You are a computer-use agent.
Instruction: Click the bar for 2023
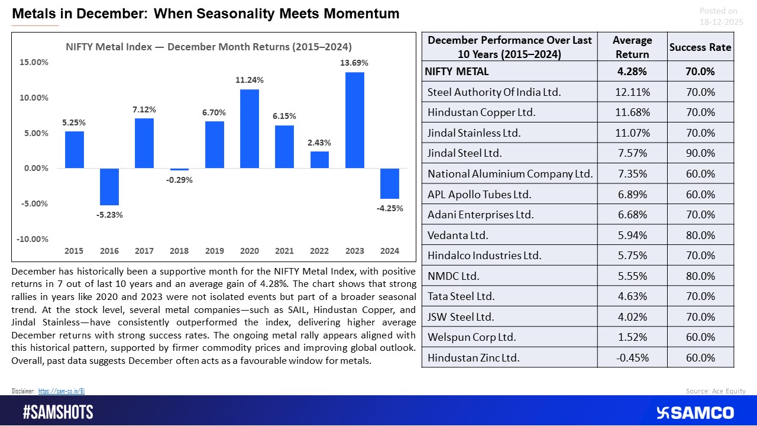(x=354, y=120)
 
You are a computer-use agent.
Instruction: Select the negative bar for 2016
(x=109, y=186)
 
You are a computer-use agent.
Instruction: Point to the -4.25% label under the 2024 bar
(x=390, y=208)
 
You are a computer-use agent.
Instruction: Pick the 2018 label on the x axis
(x=179, y=251)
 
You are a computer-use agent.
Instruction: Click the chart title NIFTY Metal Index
(x=208, y=47)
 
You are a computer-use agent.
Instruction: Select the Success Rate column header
(x=700, y=47)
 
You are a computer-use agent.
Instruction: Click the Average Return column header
(x=632, y=47)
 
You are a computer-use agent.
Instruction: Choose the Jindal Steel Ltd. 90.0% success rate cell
(x=700, y=153)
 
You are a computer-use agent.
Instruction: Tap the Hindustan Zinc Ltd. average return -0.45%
(x=632, y=357)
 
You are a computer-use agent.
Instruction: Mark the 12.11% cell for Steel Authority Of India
(x=632, y=92)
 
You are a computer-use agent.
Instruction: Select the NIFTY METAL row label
(x=456, y=72)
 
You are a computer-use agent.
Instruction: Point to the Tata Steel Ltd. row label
(x=461, y=296)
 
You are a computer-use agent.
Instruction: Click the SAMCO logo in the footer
(x=695, y=412)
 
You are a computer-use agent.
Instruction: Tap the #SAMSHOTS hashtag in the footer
(x=58, y=412)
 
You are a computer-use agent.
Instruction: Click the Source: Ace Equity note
(x=716, y=390)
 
